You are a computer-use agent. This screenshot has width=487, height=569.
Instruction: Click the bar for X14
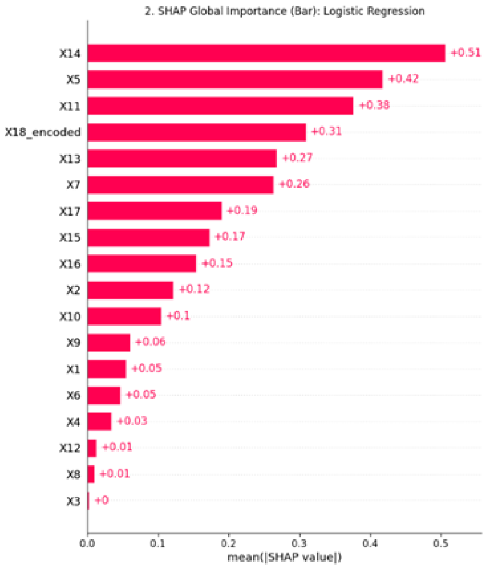point(267,53)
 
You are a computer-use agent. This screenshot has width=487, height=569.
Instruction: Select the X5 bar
point(235,80)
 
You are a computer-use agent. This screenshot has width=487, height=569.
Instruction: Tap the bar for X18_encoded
point(197,132)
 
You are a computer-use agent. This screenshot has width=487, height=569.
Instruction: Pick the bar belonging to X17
point(155,211)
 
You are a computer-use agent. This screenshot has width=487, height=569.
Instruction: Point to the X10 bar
point(124,317)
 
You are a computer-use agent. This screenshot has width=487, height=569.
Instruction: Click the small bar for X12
point(92,448)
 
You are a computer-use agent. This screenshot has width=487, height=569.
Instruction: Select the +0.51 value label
point(466,53)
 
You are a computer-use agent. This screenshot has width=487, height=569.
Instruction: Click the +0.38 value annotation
point(375,105)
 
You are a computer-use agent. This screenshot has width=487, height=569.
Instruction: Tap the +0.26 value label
point(294,184)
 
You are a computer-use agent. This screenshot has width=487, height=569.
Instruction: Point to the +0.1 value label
point(178,316)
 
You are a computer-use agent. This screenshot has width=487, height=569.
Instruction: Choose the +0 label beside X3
point(101,500)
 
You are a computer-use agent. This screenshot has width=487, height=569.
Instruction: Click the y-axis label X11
point(70,106)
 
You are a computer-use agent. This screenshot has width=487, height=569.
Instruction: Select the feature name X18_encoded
point(43,132)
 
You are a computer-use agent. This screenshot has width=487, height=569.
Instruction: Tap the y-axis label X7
point(74,185)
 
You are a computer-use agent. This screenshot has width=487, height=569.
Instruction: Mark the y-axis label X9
point(74,343)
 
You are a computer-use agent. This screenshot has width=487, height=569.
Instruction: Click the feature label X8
point(74,474)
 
